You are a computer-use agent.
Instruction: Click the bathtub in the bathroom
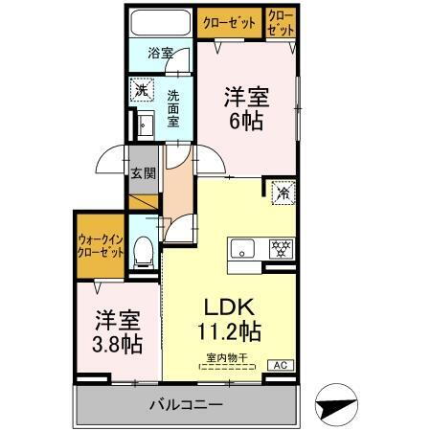click(x=161, y=24)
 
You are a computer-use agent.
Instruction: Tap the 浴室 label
click(x=161, y=54)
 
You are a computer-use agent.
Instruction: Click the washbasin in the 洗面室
click(x=145, y=125)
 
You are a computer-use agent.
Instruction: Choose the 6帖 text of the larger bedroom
click(x=245, y=122)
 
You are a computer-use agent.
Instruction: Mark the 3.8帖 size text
click(x=116, y=342)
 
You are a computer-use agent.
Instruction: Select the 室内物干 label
click(x=226, y=358)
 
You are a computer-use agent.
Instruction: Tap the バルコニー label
click(x=186, y=403)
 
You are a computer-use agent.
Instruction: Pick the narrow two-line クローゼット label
click(x=281, y=23)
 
